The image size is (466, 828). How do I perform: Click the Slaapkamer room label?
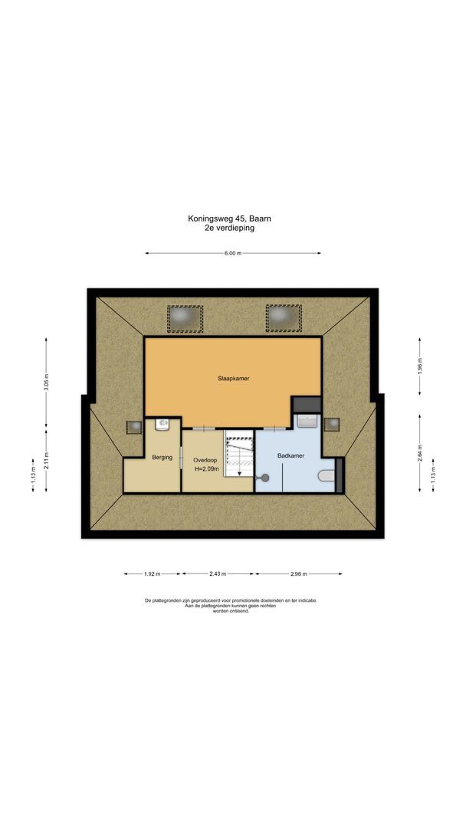(x=232, y=378)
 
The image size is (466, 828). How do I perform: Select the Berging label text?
(x=162, y=458)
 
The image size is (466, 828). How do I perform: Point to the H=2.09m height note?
(x=206, y=468)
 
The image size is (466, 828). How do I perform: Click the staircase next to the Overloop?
(x=238, y=454)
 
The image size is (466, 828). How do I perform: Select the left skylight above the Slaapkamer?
(x=185, y=316)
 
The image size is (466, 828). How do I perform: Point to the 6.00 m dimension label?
(x=233, y=253)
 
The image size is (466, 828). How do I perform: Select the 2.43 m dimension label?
(x=218, y=573)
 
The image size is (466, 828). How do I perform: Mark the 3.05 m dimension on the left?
(x=47, y=383)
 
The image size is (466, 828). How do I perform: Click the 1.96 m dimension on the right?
(x=419, y=366)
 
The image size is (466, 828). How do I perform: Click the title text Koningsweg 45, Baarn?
(x=229, y=219)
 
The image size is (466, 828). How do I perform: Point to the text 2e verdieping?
(x=229, y=228)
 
